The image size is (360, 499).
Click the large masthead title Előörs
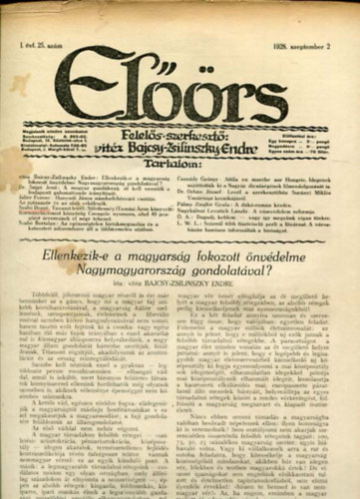tap(180, 75)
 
